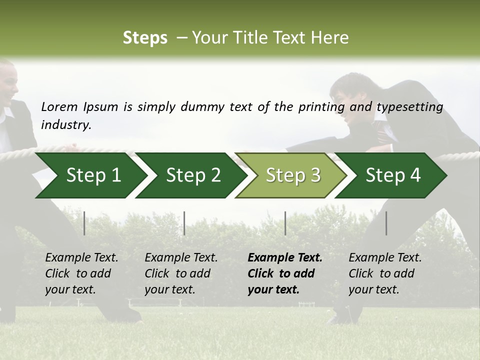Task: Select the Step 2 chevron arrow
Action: pyautogui.click(x=193, y=175)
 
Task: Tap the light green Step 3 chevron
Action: pyautogui.click(x=293, y=175)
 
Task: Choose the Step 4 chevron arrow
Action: pyautogui.click(x=393, y=175)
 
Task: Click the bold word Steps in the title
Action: pyautogui.click(x=145, y=38)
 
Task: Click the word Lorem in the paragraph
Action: pyautogui.click(x=59, y=107)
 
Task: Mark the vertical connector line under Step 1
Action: pyautogui.click(x=84, y=223)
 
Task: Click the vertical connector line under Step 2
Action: pyautogui.click(x=184, y=223)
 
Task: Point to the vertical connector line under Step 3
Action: pyautogui.click(x=285, y=223)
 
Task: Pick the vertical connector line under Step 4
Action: pyautogui.click(x=386, y=223)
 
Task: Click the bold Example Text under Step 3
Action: pyautogui.click(x=285, y=258)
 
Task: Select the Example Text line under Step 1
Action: pyautogui.click(x=81, y=258)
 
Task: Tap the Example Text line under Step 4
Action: pyautogui.click(x=385, y=258)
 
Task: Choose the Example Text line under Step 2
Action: pyautogui.click(x=181, y=258)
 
